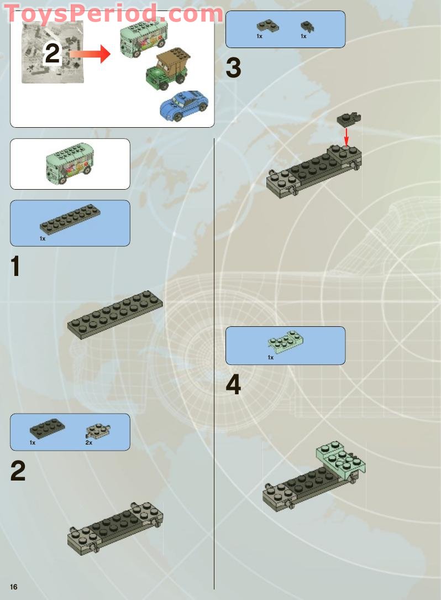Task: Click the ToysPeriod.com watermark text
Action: point(113,13)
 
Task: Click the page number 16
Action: point(14,587)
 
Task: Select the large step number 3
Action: point(233,68)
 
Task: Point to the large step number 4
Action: point(233,385)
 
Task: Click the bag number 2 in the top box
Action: point(51,54)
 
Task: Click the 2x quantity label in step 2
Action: point(88,443)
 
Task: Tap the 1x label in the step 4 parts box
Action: point(271,358)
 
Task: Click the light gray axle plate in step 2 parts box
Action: point(98,430)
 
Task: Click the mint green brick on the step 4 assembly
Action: point(340,458)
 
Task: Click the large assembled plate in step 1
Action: point(115,314)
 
